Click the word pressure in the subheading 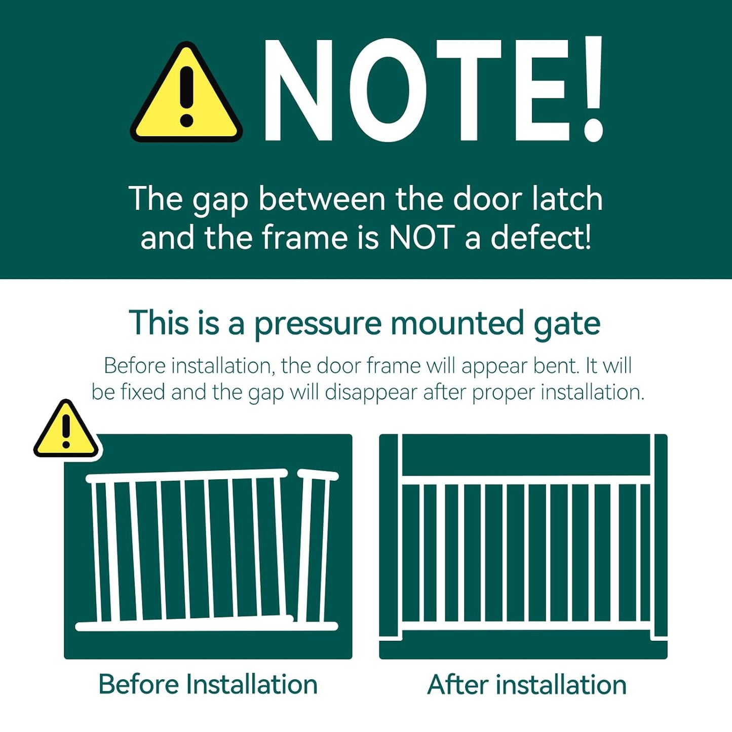pos(318,324)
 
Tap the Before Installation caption pos(208,684)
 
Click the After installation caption pos(526,685)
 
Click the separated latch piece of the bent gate pos(315,547)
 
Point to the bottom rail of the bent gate pos(206,627)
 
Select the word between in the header pos(323,199)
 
